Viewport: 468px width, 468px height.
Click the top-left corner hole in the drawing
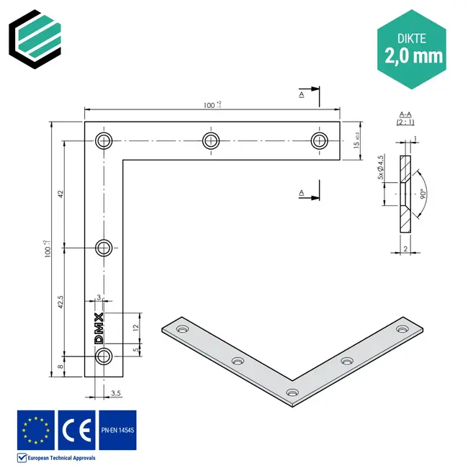[105, 140]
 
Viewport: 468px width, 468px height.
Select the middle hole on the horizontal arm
[210, 140]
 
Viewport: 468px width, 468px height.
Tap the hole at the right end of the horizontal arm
[319, 140]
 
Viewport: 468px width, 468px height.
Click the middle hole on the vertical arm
[105, 248]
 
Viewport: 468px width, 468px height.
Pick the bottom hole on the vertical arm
[105, 356]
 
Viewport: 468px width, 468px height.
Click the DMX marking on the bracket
[99, 328]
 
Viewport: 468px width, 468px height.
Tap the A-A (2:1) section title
[405, 118]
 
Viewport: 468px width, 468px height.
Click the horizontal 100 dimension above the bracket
[212, 105]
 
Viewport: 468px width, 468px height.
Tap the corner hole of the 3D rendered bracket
[292, 392]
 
